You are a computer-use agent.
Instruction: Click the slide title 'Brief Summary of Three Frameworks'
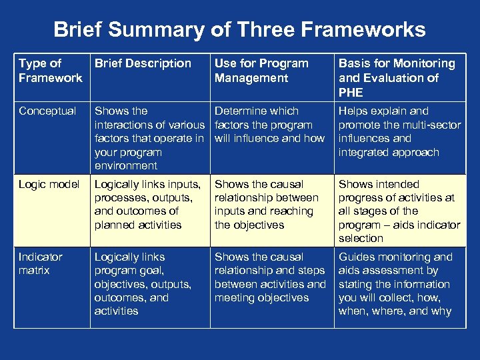tap(239, 29)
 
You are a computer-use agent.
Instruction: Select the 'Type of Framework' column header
tap(51, 71)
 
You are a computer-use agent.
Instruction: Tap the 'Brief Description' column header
tap(143, 64)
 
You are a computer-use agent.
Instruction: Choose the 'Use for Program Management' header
tap(261, 71)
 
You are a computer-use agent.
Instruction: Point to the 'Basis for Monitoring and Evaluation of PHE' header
tap(397, 77)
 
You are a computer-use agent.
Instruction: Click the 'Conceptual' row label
tap(48, 111)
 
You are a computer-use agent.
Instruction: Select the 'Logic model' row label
tap(49, 184)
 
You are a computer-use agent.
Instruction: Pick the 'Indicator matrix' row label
tap(41, 263)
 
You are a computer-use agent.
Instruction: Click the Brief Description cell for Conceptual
tap(149, 138)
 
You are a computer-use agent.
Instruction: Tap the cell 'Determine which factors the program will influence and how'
tap(269, 125)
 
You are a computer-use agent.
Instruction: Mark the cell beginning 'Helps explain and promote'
tap(399, 131)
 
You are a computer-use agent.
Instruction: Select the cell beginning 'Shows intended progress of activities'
tap(399, 211)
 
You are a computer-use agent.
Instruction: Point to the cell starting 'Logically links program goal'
tap(142, 283)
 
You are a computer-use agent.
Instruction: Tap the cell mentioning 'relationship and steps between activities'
tap(269, 277)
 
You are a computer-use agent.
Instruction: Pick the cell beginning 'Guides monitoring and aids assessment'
tap(395, 283)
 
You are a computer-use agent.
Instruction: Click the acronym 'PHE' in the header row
tap(351, 92)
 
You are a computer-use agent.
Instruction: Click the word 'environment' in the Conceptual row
tap(126, 165)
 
